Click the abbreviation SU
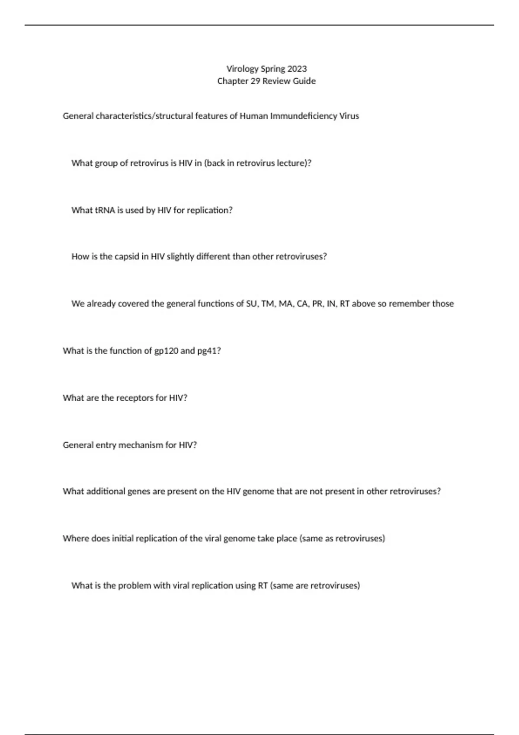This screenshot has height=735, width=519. point(251,304)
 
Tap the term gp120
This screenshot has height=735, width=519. point(166,351)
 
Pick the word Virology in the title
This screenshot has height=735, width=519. point(242,69)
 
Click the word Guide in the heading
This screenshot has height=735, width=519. point(304,81)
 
